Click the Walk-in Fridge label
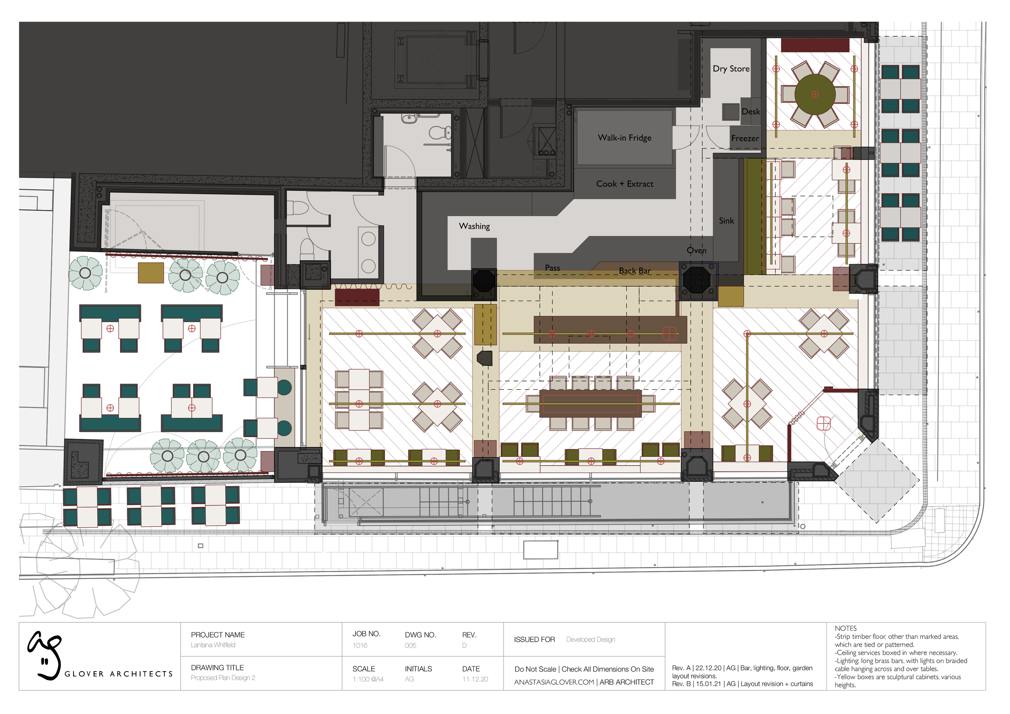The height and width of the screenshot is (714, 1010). point(624,138)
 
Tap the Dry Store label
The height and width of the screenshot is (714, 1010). point(731,69)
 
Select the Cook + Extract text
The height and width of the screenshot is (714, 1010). point(624,184)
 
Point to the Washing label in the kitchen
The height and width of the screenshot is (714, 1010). point(474,226)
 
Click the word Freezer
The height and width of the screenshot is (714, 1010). point(744,138)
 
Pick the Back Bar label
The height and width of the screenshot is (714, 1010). point(634,271)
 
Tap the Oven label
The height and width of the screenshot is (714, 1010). point(696,250)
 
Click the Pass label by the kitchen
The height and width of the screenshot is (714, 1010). point(552,268)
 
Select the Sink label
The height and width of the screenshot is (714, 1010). point(726,221)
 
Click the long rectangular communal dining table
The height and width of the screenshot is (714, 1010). point(590,403)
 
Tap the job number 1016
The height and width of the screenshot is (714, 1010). point(360,645)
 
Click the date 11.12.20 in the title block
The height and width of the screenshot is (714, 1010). point(475,679)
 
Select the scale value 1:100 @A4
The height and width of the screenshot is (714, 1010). point(367,679)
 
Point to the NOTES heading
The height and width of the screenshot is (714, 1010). point(845,628)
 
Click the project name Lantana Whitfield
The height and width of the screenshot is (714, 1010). point(213,645)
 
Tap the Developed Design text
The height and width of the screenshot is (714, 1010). point(590,639)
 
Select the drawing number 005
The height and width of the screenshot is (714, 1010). point(410,645)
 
